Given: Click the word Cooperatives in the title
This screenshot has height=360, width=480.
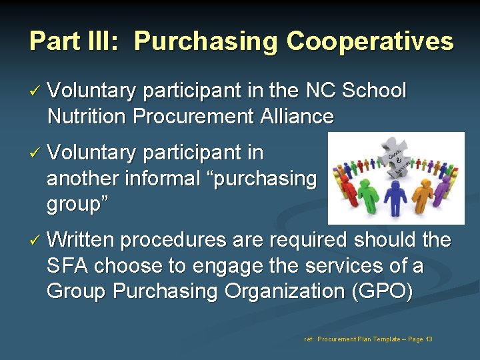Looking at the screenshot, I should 370,41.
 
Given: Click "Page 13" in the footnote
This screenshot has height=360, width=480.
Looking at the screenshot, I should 419,339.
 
